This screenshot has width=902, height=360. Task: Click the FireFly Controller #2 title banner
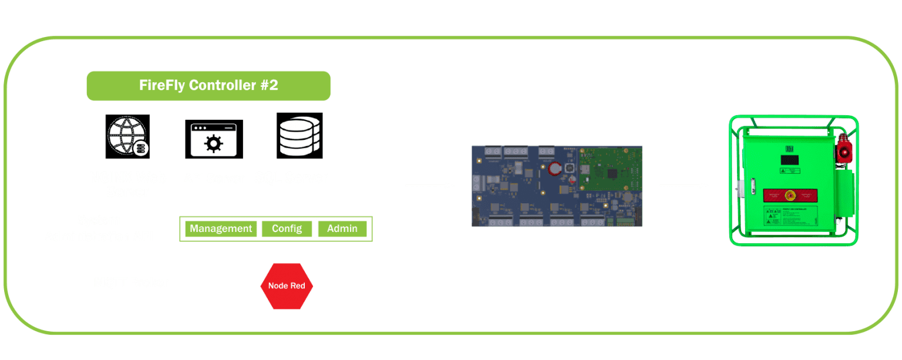coord(208,86)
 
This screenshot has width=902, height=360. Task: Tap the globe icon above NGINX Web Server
coord(127,136)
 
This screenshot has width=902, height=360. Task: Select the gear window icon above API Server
coord(214,139)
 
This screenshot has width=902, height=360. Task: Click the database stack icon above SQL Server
coord(299,136)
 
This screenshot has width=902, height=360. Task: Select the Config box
coord(287,228)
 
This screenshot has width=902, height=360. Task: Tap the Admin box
coord(342,228)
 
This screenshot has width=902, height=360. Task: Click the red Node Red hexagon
coord(287,286)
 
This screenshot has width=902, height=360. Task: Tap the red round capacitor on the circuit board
coord(556,170)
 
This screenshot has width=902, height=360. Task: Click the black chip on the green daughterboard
coord(614,173)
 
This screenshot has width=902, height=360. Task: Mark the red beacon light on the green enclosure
coord(844,151)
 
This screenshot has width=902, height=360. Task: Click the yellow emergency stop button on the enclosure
coord(791,194)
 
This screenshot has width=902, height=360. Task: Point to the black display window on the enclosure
coord(790,160)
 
